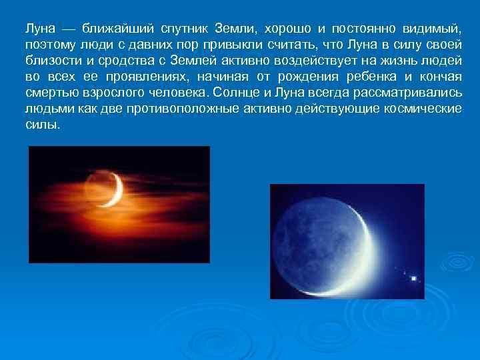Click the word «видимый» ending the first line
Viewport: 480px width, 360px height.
coord(432,29)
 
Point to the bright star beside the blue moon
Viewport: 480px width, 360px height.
coord(413,277)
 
